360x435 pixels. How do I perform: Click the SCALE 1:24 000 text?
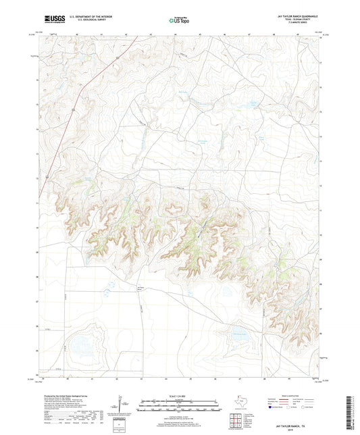[x=180, y=395]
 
